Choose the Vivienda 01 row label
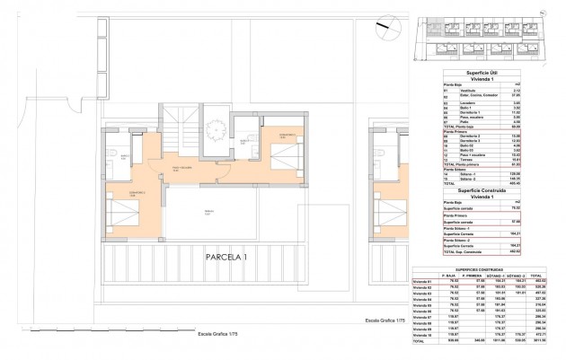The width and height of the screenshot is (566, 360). (x=422, y=282)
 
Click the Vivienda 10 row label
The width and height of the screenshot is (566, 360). (x=422, y=334)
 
